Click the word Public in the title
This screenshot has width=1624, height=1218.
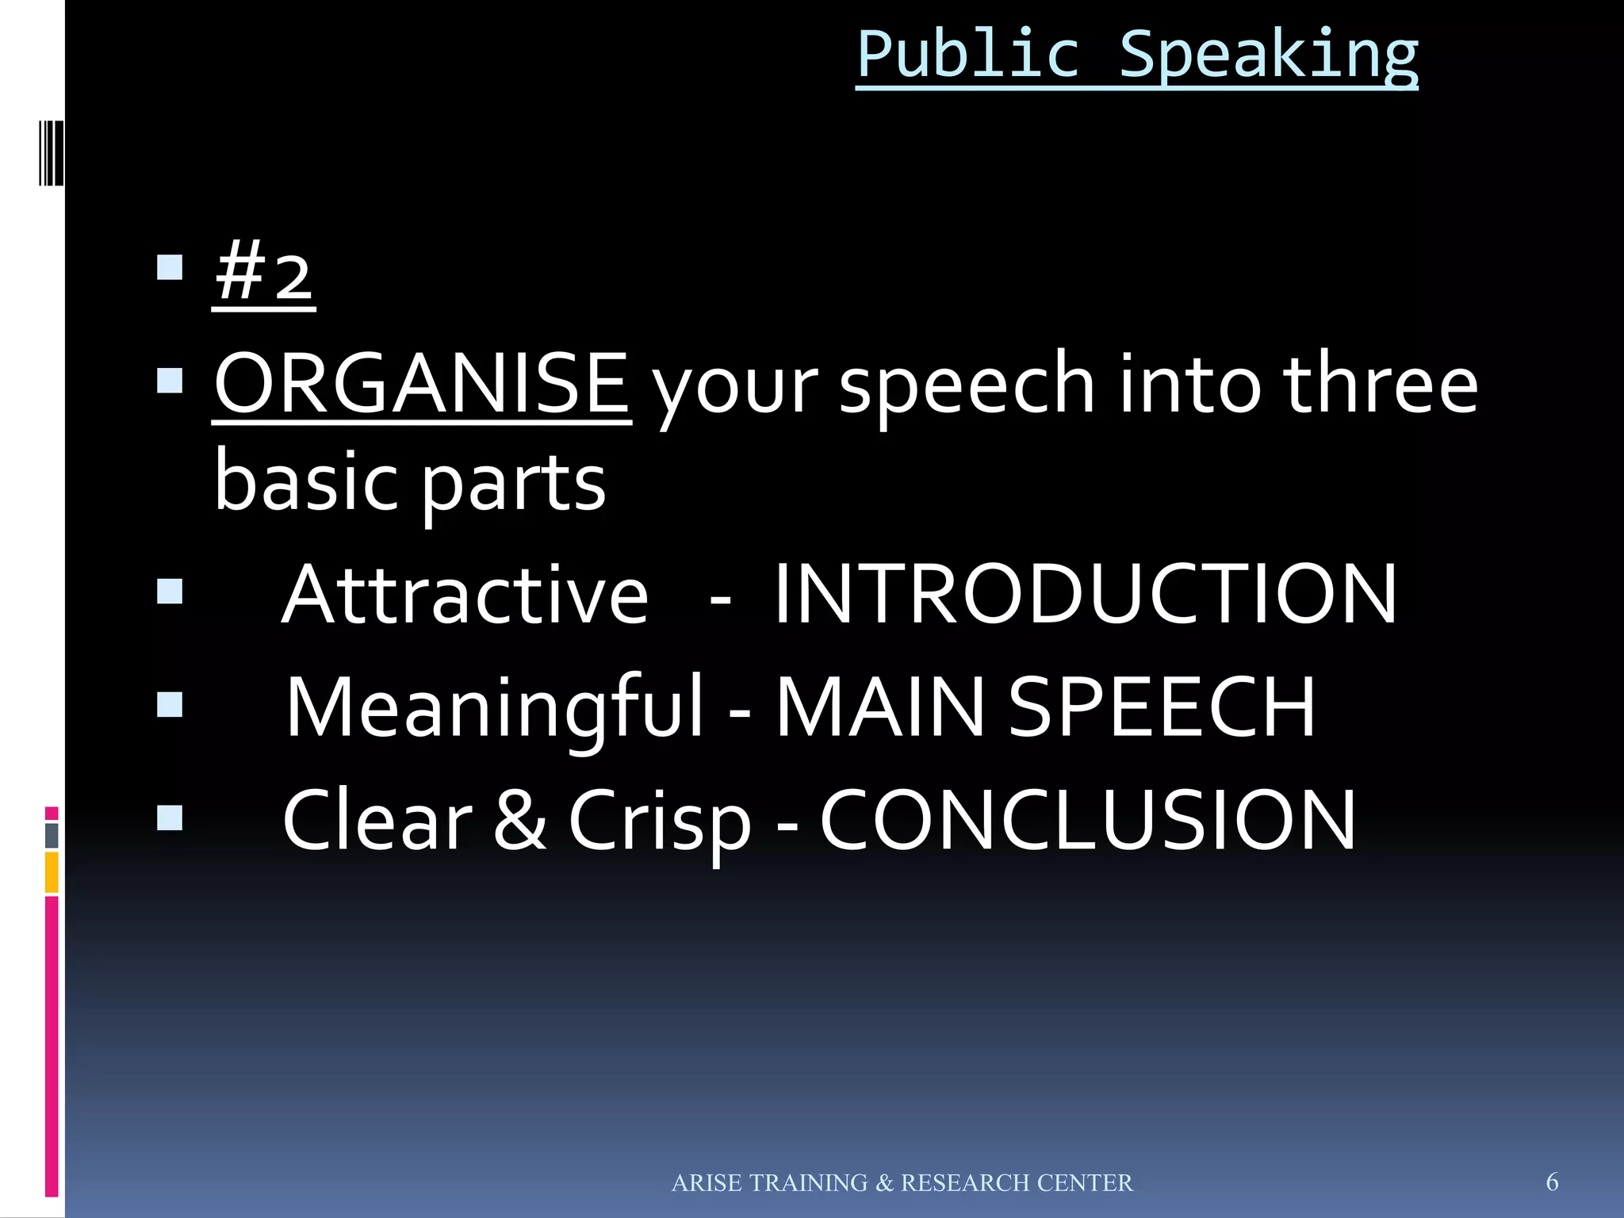(968, 56)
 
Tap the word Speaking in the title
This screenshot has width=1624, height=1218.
(1268, 56)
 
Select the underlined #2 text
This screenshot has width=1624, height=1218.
(264, 274)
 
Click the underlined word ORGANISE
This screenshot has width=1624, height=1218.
(422, 385)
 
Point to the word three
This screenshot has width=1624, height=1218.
(1380, 385)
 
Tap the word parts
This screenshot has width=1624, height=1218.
(513, 484)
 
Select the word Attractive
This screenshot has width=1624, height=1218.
(465, 595)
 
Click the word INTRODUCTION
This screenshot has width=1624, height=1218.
(1085, 595)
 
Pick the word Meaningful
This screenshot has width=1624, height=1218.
(494, 707)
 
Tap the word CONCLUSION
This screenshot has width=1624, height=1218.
(1088, 821)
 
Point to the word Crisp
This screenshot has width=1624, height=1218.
(660, 822)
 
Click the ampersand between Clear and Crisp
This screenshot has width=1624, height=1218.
(519, 821)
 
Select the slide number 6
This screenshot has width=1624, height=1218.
(1552, 1182)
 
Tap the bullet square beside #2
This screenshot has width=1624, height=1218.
(170, 268)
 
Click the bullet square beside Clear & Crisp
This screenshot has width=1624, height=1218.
(170, 818)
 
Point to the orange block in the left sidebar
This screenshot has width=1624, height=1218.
(52, 871)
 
